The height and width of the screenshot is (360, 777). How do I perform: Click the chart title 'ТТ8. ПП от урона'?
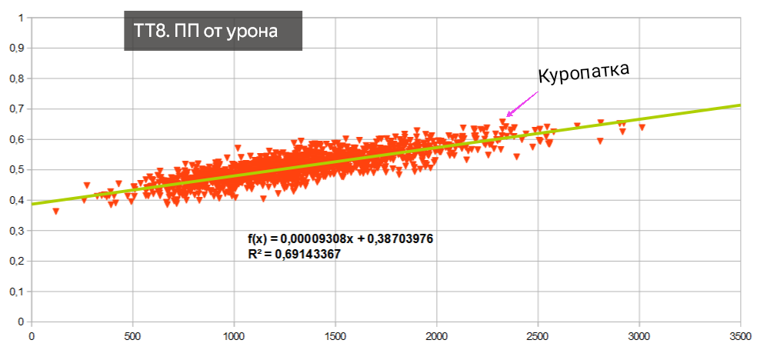(212, 31)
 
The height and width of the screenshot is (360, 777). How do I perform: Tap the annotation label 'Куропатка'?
(583, 72)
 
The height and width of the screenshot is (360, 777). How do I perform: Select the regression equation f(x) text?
(335, 238)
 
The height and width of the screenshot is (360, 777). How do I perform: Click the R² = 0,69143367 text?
(294, 253)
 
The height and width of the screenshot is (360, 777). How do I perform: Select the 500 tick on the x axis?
(132, 335)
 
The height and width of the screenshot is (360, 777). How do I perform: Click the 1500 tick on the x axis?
(335, 335)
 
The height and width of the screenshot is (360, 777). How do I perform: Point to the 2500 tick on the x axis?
(538, 335)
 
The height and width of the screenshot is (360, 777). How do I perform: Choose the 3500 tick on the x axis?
(740, 335)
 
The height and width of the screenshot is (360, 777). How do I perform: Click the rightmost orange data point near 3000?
(642, 127)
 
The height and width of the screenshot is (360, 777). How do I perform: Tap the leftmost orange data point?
(55, 211)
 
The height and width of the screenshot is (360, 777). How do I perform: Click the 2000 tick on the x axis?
(436, 335)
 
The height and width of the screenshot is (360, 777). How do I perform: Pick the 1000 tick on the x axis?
(234, 335)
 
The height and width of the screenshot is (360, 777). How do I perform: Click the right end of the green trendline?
(739, 105)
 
